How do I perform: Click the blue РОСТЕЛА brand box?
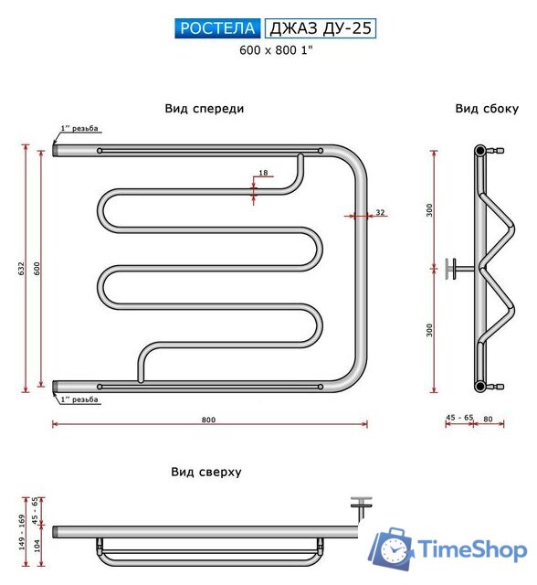pos(217,28)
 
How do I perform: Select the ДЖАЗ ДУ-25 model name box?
pos(321,28)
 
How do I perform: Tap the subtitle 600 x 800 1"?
pos(276,50)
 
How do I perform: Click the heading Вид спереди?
pos(205,109)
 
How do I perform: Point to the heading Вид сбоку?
pos(487,109)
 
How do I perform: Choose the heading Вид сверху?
pos(206,472)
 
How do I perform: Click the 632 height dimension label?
pos(21,269)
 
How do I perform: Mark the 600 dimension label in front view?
pos(37,269)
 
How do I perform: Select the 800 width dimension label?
pos(209,420)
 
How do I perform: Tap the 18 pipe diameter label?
pos(263,173)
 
